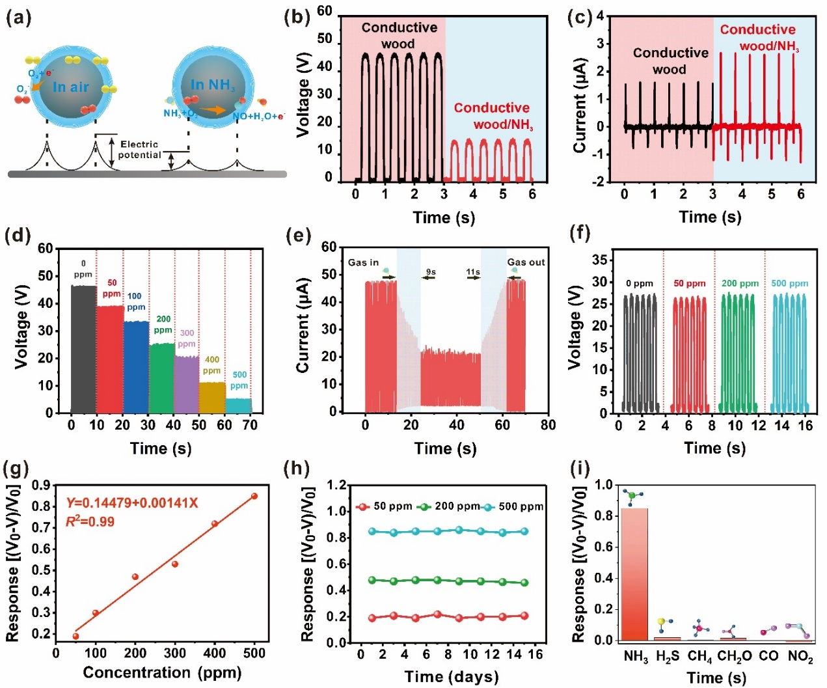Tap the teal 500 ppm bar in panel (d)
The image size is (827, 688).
tap(238, 406)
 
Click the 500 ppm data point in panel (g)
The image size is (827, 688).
tap(254, 496)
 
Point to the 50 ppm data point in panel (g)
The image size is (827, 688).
tap(75, 636)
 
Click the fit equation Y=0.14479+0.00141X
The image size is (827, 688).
tap(132, 503)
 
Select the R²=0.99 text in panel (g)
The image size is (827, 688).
tap(90, 521)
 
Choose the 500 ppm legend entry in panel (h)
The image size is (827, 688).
tap(514, 506)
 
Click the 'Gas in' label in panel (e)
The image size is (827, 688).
tap(363, 262)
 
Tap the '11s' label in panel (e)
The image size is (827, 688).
tap(473, 272)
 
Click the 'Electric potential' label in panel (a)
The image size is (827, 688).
tap(139, 150)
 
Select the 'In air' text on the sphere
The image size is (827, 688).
tap(71, 87)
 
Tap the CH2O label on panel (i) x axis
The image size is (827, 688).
tap(735, 656)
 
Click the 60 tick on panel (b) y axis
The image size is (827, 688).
tap(324, 11)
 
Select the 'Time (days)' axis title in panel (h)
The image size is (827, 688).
tap(452, 677)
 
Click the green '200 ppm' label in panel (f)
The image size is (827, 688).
tap(740, 283)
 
